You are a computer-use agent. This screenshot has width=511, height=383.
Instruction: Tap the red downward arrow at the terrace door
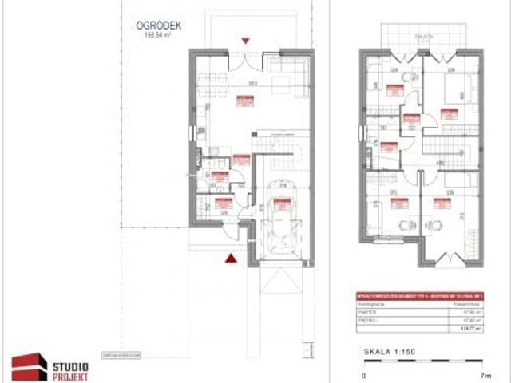246,40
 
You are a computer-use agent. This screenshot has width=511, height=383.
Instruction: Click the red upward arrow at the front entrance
231,257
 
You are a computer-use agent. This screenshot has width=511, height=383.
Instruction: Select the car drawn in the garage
280,227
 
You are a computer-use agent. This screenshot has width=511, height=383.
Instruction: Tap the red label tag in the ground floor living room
245,101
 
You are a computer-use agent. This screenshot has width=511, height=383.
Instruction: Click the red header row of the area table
420,294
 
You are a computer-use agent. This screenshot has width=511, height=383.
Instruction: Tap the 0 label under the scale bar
364,374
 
